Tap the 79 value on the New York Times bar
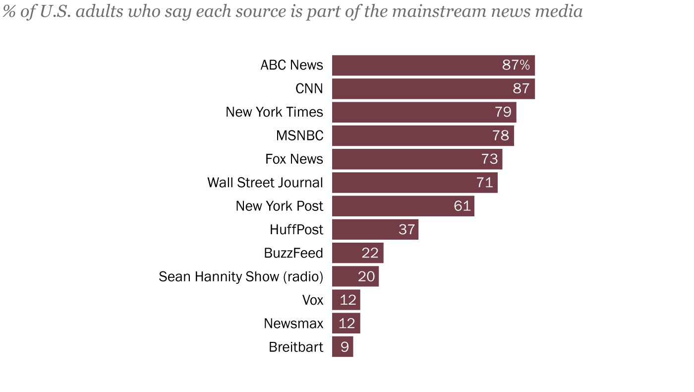(503, 112)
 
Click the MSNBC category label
(299, 135)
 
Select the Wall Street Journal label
(265, 183)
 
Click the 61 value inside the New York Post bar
(462, 206)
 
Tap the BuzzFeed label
(293, 253)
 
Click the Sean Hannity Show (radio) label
(241, 276)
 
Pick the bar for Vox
(346, 300)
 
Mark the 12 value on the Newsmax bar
(347, 324)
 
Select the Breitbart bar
(343, 347)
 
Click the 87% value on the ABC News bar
(516, 65)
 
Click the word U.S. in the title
(55, 11)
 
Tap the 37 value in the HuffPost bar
(406, 229)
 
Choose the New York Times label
(274, 112)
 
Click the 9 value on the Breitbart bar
(345, 347)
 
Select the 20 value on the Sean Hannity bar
(366, 276)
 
